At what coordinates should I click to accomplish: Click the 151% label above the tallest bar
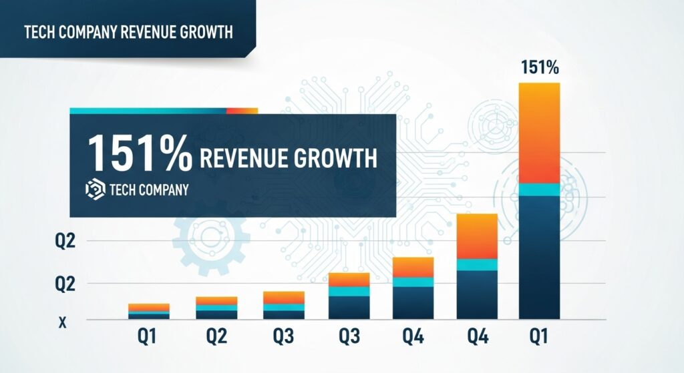pos(539,67)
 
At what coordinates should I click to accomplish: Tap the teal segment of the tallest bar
pos(539,190)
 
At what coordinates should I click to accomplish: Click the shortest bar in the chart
pos(149,311)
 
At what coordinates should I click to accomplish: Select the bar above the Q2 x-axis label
pos(216,308)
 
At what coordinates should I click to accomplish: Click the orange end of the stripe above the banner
pos(242,111)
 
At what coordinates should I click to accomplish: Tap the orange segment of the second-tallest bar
pos(477,236)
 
